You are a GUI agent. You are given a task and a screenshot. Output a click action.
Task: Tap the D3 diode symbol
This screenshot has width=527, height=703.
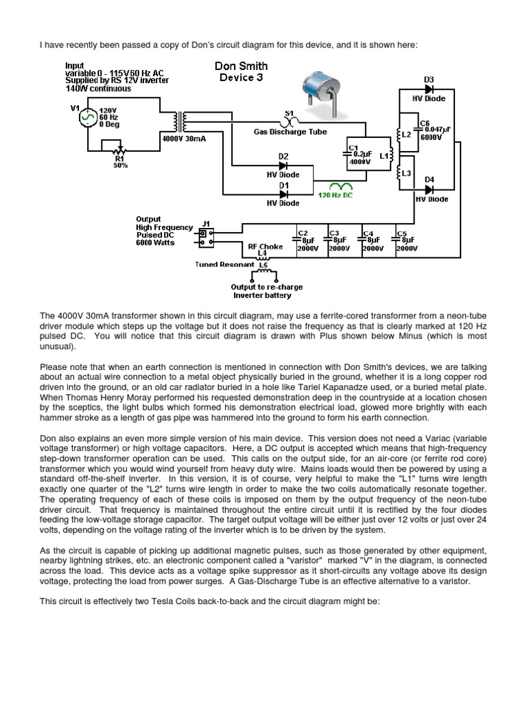pos(429,89)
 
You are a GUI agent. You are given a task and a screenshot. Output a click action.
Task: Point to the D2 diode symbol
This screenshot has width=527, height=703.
pos(283,165)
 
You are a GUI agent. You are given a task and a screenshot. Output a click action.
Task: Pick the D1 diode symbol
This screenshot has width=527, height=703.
pos(283,194)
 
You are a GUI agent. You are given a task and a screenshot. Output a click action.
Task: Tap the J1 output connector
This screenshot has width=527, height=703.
pos(204,237)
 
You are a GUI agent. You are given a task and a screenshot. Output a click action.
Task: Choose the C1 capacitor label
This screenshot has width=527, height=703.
pos(353,148)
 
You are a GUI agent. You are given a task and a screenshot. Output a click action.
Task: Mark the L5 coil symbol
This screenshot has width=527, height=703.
pos(262,275)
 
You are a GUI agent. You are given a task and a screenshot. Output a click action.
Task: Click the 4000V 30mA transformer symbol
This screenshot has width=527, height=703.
pos(182,122)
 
